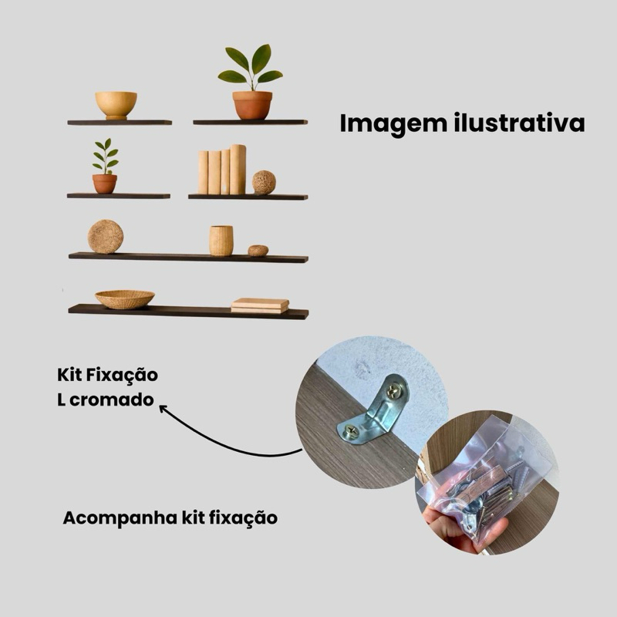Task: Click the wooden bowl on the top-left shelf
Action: [x=116, y=104]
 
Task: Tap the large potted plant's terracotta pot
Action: [x=253, y=105]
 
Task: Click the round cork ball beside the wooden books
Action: [x=264, y=182]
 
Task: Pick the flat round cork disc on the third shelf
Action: [x=105, y=237]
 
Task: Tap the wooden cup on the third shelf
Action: [x=221, y=241]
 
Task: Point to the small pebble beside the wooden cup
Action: [x=258, y=251]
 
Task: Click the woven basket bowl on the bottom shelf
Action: [x=124, y=298]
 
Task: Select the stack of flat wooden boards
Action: [x=260, y=305]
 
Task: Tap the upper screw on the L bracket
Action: [x=394, y=392]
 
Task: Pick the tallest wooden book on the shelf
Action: [x=238, y=169]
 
